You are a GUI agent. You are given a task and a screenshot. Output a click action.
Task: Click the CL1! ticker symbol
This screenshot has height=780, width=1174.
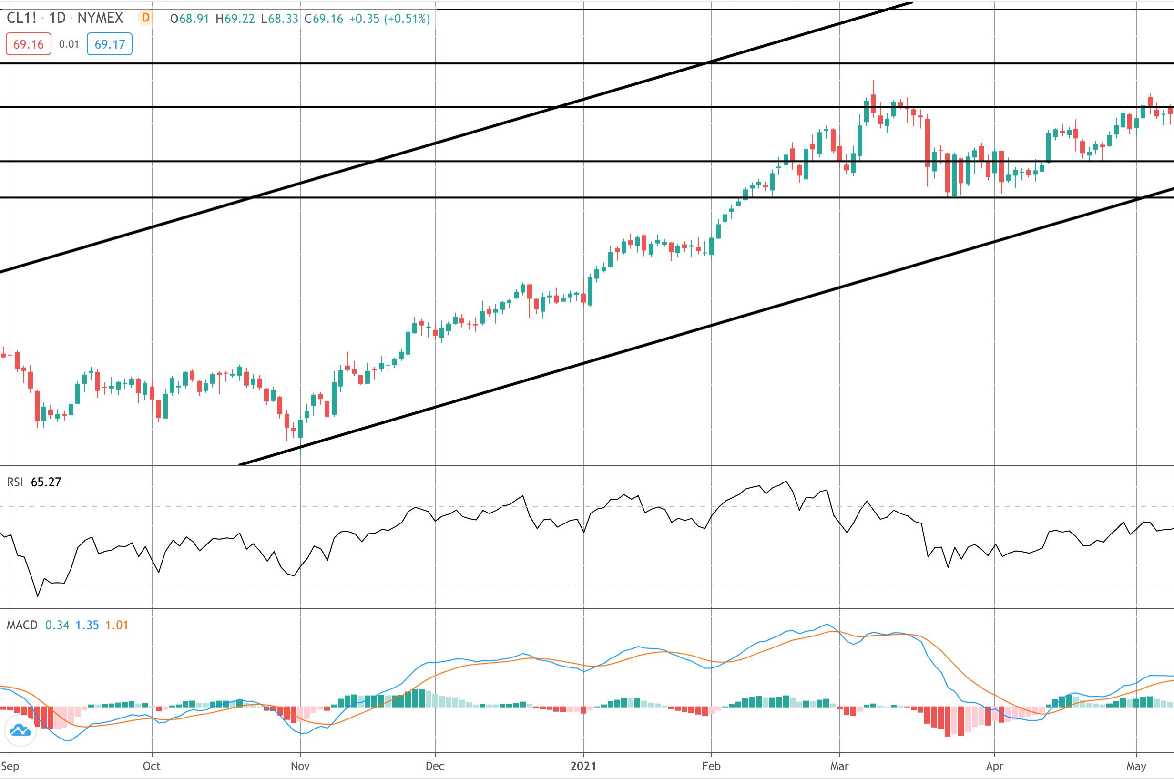click(x=21, y=19)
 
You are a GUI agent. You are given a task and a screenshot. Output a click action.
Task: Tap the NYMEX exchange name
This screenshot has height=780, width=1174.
click(x=100, y=19)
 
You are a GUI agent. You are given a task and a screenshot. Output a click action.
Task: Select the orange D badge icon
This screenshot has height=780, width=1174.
click(x=145, y=19)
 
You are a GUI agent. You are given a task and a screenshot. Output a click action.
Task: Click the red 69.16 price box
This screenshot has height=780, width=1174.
click(x=28, y=44)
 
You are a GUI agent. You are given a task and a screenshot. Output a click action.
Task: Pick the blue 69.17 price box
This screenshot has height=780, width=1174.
click(x=110, y=44)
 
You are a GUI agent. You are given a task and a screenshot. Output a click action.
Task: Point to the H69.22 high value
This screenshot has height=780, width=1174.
click(x=235, y=19)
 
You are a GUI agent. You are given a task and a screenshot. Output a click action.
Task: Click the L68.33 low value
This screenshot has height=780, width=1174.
click(x=279, y=19)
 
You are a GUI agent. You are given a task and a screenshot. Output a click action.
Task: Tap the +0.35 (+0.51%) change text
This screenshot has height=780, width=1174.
click(x=389, y=19)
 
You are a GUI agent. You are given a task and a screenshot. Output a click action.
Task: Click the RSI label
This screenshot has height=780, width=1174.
click(x=14, y=482)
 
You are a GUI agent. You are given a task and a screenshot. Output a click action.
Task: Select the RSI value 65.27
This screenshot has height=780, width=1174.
click(x=46, y=482)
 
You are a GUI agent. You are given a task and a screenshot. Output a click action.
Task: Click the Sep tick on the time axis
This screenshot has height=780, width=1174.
click(x=10, y=766)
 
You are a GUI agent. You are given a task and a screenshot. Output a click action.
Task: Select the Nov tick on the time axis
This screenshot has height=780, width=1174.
click(x=300, y=766)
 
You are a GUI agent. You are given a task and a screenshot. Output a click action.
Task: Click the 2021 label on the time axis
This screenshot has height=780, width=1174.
click(x=583, y=766)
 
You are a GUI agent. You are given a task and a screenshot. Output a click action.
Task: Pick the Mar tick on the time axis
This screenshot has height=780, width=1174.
click(x=839, y=766)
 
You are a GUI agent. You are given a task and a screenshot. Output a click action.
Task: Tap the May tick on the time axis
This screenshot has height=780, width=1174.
click(x=1136, y=766)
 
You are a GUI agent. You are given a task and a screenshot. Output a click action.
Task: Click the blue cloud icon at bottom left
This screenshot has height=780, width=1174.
click(x=20, y=731)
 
